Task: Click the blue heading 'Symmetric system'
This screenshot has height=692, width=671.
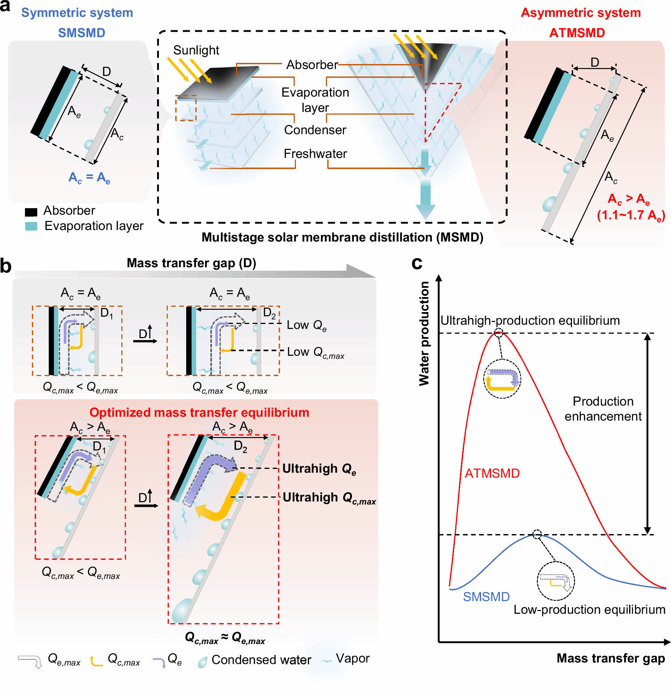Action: [x=77, y=13]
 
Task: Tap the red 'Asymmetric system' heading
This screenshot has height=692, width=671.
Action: [x=580, y=13]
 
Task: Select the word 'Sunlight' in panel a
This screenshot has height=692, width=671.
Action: [x=196, y=50]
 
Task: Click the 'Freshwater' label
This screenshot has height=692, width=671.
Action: [x=315, y=154]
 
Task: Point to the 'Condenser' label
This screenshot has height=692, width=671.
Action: [x=315, y=130]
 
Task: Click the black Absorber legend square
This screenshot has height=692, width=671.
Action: [x=31, y=212]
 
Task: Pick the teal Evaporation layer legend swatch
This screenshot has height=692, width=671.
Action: [x=31, y=226]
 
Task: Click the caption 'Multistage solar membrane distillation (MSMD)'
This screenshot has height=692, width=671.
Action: [x=342, y=237]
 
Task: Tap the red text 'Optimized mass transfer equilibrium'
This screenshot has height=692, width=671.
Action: [x=199, y=413]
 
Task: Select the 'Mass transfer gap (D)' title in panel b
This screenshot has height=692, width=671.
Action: [x=191, y=263]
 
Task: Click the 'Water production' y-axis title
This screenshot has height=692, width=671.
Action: [x=424, y=334]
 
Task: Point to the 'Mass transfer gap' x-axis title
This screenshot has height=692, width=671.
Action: [x=610, y=658]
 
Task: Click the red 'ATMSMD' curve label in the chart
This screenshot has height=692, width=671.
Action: [x=492, y=473]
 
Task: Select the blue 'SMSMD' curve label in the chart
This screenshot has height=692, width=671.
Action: [x=486, y=597]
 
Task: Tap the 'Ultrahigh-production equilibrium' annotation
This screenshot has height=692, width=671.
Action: [x=530, y=321]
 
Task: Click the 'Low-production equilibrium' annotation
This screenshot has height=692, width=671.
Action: [x=589, y=610]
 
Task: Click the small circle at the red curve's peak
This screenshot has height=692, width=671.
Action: [x=498, y=333]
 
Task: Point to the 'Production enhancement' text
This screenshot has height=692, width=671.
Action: [x=603, y=409]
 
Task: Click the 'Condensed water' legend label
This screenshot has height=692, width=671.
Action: [x=261, y=660]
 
